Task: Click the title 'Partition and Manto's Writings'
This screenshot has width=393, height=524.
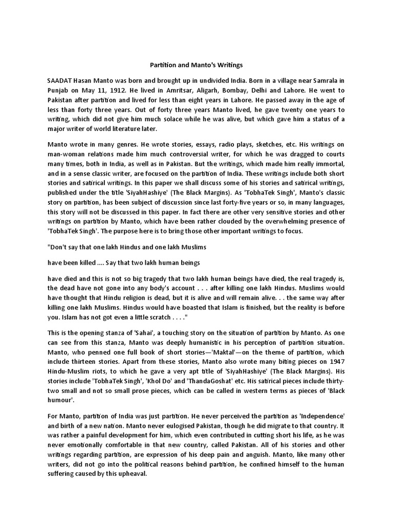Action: click(196, 65)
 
